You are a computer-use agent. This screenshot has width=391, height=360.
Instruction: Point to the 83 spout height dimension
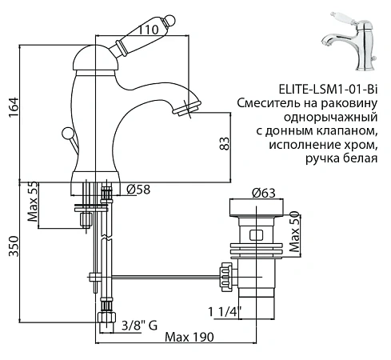coord(225,144)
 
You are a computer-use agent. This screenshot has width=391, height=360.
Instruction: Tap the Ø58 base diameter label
coord(141,189)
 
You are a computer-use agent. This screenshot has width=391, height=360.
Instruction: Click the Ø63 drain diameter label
coord(264,193)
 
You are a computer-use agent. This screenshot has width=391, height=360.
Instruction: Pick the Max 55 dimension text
coord(34,206)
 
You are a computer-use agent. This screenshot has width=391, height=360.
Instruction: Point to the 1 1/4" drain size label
coord(226,312)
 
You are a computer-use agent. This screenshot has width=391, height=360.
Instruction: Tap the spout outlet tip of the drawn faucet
coord(194,105)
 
